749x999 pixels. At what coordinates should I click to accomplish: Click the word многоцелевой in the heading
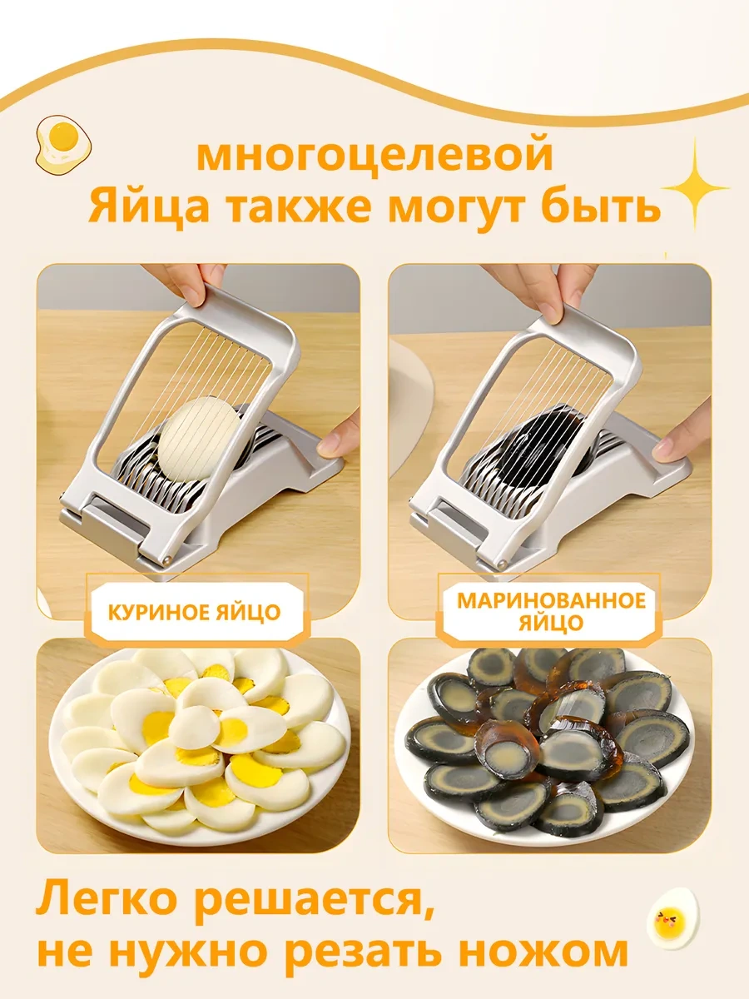tap(374, 156)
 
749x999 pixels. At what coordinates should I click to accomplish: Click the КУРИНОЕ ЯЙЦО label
tap(194, 614)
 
